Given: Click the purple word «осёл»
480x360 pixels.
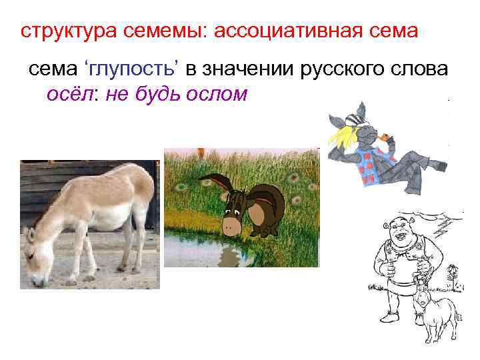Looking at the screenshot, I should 65,94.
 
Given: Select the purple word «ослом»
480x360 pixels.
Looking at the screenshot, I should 215,94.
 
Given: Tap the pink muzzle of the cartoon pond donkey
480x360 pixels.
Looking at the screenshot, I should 232,225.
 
